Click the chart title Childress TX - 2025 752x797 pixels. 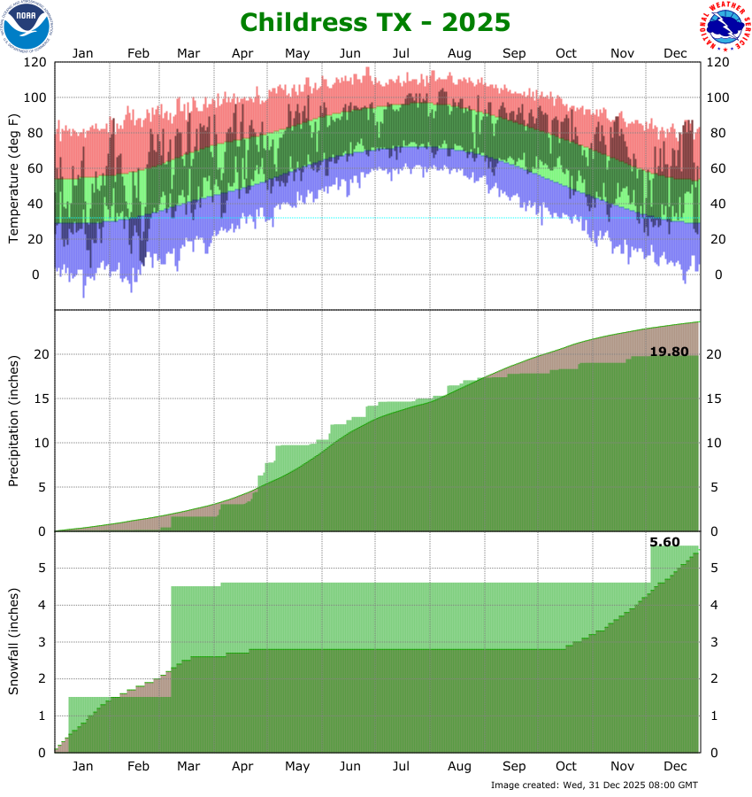[375, 21]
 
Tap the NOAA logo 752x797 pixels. [27, 26]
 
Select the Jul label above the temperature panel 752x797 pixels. [402, 53]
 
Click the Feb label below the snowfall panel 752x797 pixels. [138, 766]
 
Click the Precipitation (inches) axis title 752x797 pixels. [13, 421]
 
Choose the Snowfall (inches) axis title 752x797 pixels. [13, 642]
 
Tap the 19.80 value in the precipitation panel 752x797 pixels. [670, 352]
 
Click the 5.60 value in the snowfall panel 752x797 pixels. [664, 541]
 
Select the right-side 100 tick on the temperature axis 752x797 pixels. [718, 97]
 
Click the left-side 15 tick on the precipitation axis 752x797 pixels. [42, 398]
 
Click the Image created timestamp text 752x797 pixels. [594, 785]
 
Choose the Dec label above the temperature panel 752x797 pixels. [676, 53]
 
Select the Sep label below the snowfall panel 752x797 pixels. [514, 766]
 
